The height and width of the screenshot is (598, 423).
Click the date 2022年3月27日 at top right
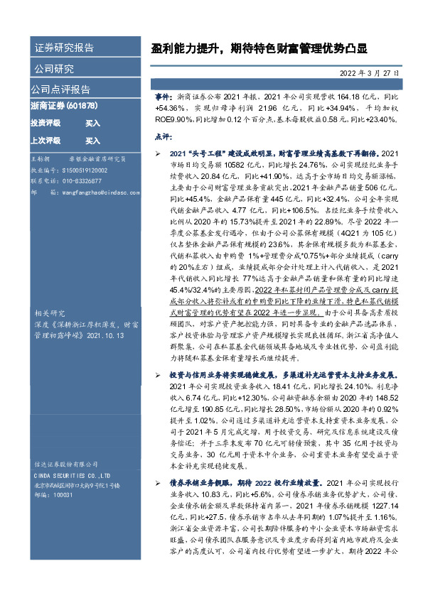369,73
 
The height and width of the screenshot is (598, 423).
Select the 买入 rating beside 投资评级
92,123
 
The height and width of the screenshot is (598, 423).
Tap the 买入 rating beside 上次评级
92,141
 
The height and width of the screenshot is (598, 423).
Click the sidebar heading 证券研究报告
64,48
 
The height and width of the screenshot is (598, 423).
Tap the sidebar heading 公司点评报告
60,89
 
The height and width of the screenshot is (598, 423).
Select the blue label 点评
163,136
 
